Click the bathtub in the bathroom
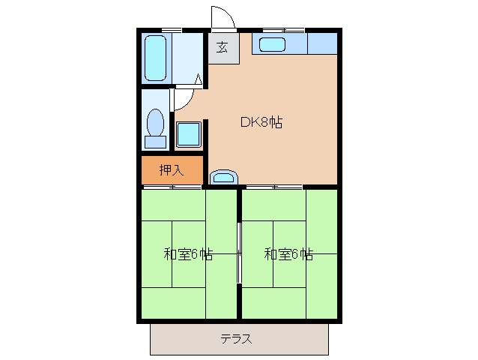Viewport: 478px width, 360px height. pyautogui.click(x=155, y=57)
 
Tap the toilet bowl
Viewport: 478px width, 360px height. pyautogui.click(x=156, y=121)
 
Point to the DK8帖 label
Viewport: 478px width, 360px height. pyautogui.click(x=261, y=122)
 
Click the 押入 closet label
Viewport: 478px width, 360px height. pyautogui.click(x=171, y=170)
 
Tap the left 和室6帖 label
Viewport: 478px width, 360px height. pyautogui.click(x=188, y=253)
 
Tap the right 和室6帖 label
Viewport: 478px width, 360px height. pyautogui.click(x=288, y=253)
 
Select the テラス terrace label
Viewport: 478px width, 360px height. pyautogui.click(x=236, y=339)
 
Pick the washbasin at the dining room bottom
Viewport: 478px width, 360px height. pyautogui.click(x=223, y=177)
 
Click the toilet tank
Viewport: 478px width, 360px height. pyautogui.click(x=156, y=141)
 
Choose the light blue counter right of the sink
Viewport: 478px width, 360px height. pyautogui.click(x=322, y=43)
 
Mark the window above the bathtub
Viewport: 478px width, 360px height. pyautogui.click(x=172, y=30)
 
